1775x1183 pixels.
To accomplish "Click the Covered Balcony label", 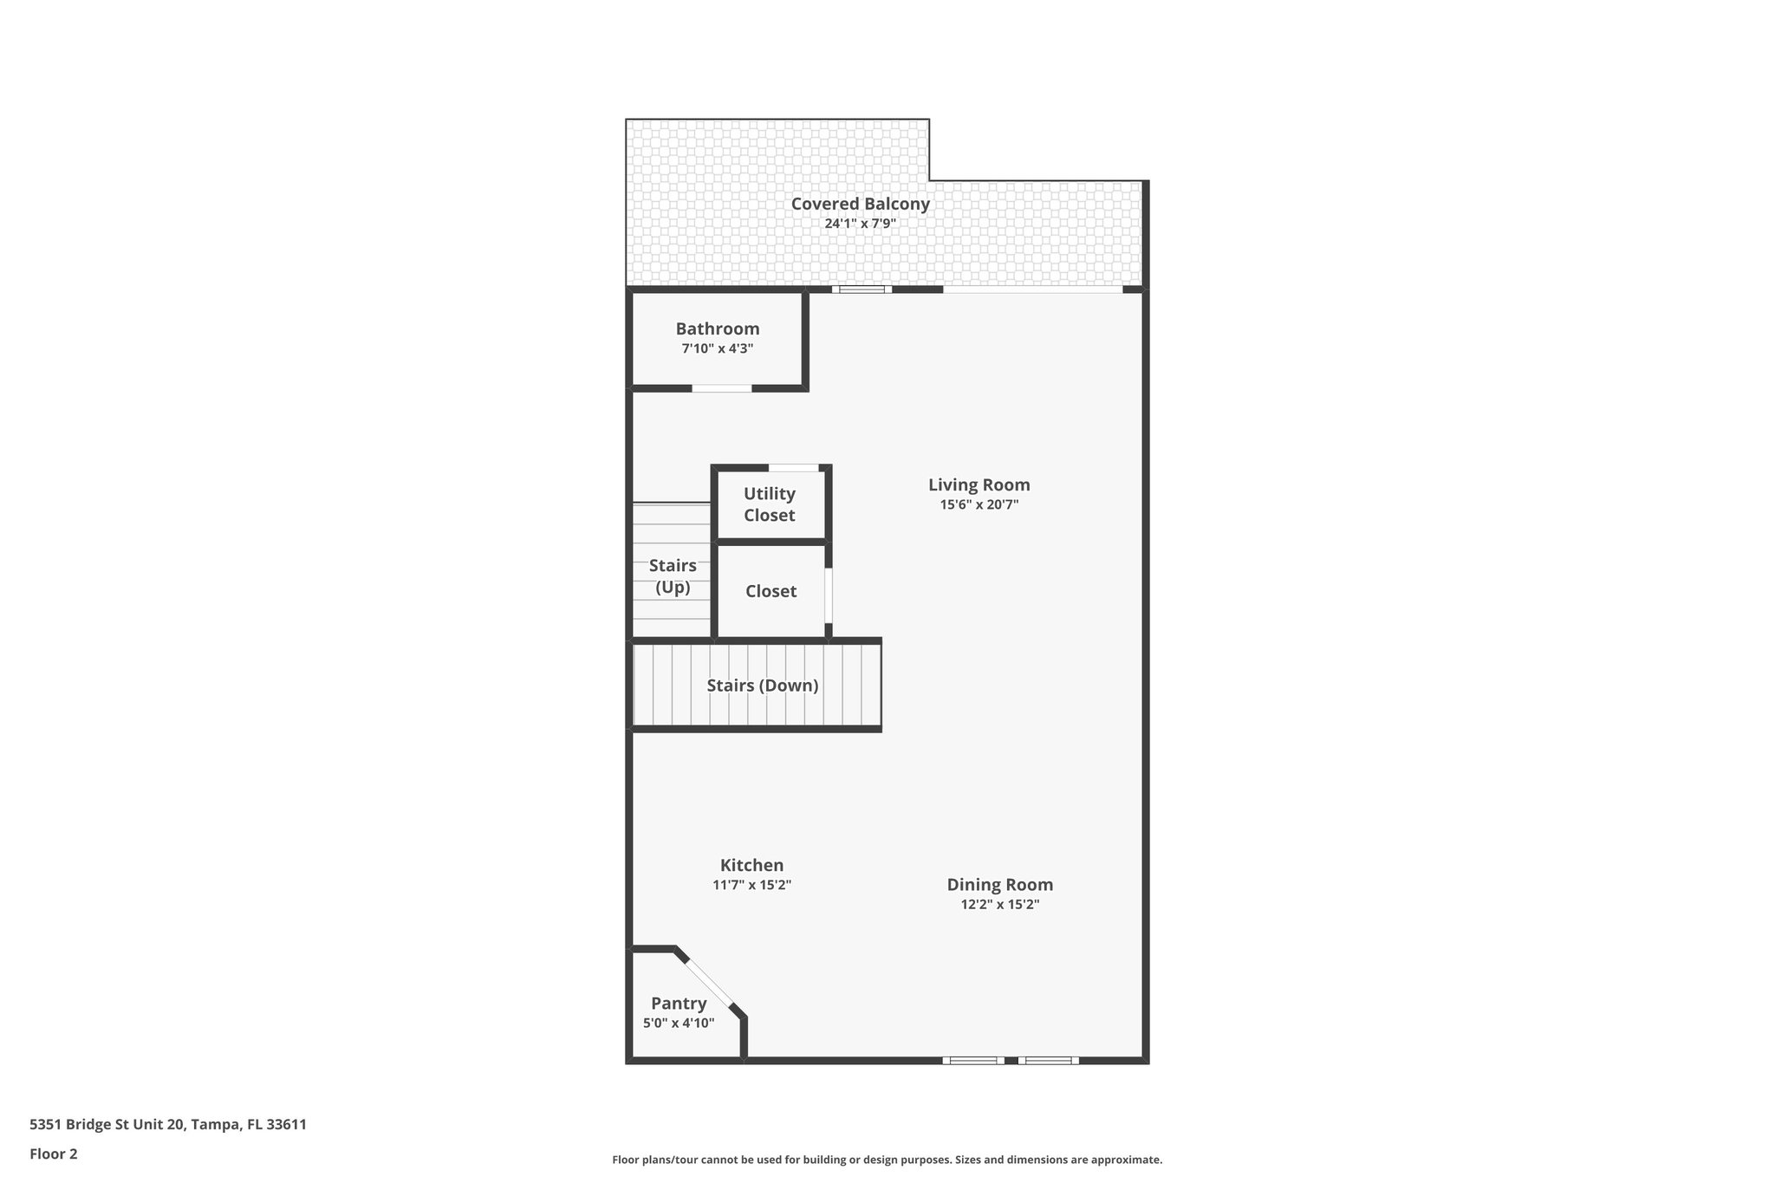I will click(860, 204).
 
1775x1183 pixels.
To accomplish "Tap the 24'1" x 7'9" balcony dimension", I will click(860, 224).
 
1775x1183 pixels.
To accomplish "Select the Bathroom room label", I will click(718, 328).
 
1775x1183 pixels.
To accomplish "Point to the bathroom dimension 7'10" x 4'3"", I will click(718, 348).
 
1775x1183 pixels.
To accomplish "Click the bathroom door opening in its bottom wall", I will click(721, 388).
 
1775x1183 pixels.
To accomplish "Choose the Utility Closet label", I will click(769, 504).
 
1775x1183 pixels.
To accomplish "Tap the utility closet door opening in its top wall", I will click(794, 468).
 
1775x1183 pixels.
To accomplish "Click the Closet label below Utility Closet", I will click(770, 591).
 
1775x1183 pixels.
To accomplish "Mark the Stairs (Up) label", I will click(673, 576).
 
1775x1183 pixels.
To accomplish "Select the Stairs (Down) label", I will click(762, 686).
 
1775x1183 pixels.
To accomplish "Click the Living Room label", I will click(979, 484).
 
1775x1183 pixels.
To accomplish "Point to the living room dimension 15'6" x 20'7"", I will click(979, 504).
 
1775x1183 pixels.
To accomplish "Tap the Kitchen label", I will click(751, 865).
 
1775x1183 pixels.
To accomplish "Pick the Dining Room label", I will click(999, 885).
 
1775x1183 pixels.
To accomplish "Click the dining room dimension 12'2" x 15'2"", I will click(999, 905).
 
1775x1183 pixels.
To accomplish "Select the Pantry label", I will click(679, 1004).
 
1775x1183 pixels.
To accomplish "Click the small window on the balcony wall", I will click(861, 289).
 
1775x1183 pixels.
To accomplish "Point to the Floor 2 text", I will click(54, 1154).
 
